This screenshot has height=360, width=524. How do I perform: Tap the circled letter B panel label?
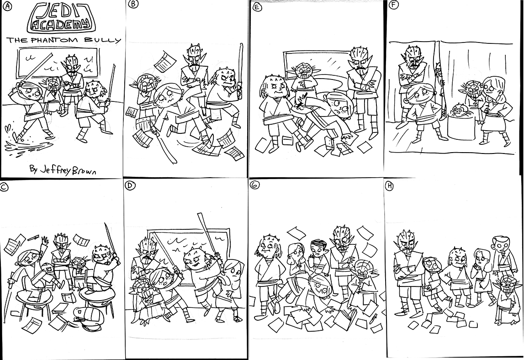pyautogui.click(x=133, y=5)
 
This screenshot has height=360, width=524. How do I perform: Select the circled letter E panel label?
pyautogui.click(x=257, y=7)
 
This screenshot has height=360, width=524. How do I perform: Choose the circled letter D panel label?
pyautogui.click(x=130, y=186)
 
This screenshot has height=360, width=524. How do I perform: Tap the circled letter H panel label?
pyautogui.click(x=389, y=186)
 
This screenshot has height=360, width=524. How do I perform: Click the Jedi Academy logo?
pyautogui.click(x=61, y=18)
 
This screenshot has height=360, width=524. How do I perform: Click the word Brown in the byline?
pyautogui.click(x=84, y=171)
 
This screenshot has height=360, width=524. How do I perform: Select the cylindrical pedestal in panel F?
pyautogui.click(x=461, y=127)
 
